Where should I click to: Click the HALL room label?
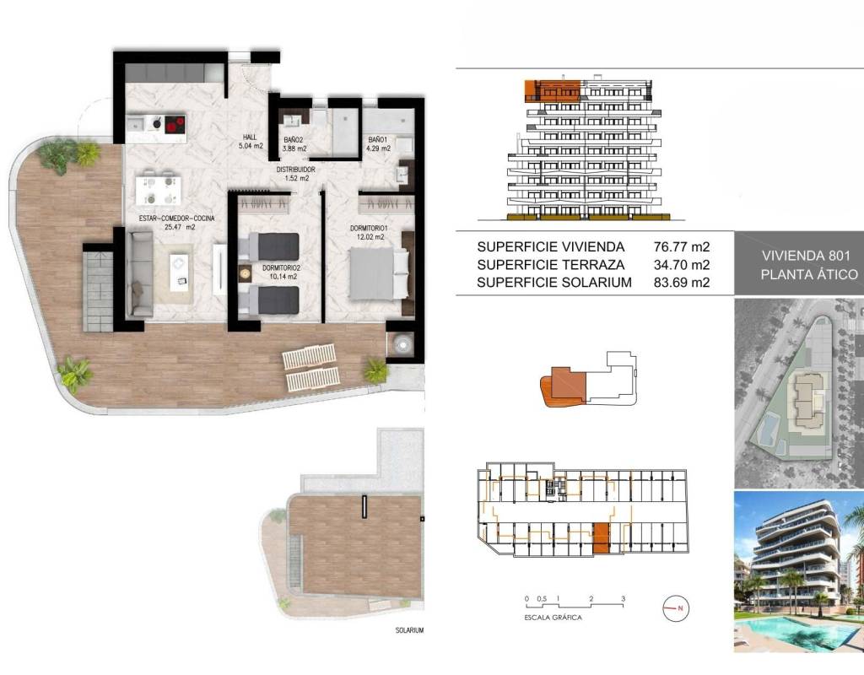(x=251, y=138)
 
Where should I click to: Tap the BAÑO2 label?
(x=294, y=141)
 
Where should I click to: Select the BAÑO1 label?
(x=378, y=140)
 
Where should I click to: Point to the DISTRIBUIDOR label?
(x=296, y=170)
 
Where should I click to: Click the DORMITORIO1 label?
(x=370, y=228)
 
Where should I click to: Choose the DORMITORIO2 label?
(x=281, y=268)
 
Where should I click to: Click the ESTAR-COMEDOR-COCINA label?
(x=176, y=219)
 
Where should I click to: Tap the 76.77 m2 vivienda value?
(x=682, y=247)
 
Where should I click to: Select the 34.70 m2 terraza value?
(x=682, y=264)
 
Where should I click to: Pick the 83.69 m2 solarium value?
(x=682, y=282)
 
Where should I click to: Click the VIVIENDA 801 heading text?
(x=809, y=256)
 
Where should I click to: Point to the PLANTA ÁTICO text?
(x=809, y=274)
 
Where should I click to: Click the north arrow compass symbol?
(x=676, y=608)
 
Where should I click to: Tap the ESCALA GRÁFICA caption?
(x=553, y=618)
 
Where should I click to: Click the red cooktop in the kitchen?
(x=175, y=125)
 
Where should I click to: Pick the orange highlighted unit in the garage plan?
(x=601, y=538)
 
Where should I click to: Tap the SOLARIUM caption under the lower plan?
(x=409, y=630)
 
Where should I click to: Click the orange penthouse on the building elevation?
(x=552, y=90)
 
